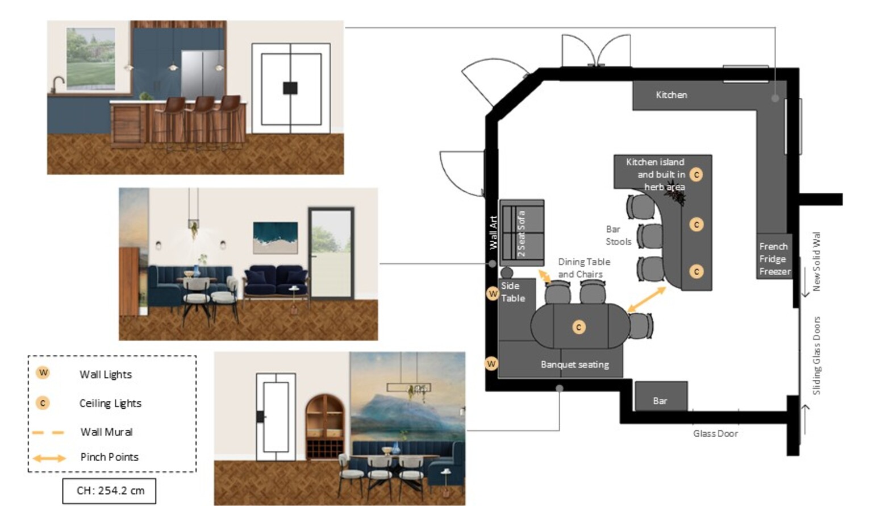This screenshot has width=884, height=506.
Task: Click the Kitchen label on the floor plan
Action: tap(672, 95)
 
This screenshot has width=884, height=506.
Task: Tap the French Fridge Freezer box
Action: tap(774, 256)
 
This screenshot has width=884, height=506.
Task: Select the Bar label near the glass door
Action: tap(660, 401)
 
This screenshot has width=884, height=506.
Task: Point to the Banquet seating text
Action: tap(574, 364)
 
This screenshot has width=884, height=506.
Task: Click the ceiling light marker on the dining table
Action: tap(578, 327)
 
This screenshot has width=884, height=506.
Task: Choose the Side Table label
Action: tap(513, 292)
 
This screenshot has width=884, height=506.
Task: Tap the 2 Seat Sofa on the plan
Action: tap(522, 233)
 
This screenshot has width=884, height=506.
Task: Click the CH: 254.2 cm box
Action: tap(109, 491)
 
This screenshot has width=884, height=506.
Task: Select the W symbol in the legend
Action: tap(43, 372)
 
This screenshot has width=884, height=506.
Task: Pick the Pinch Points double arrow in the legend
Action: tap(49, 458)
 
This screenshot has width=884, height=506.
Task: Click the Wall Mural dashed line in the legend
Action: tap(48, 433)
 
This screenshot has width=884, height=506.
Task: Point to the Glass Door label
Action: tap(715, 434)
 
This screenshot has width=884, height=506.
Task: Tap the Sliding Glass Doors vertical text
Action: tap(816, 355)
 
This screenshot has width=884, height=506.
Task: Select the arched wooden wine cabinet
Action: tap(325, 427)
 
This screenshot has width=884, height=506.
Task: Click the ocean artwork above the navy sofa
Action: tap(276, 238)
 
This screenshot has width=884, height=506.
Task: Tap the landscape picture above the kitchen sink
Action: tap(91, 59)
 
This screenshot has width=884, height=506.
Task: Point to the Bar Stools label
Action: tap(619, 235)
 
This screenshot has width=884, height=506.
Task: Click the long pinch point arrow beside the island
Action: tap(647, 300)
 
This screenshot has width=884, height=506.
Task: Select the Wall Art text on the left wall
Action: tap(493, 233)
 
